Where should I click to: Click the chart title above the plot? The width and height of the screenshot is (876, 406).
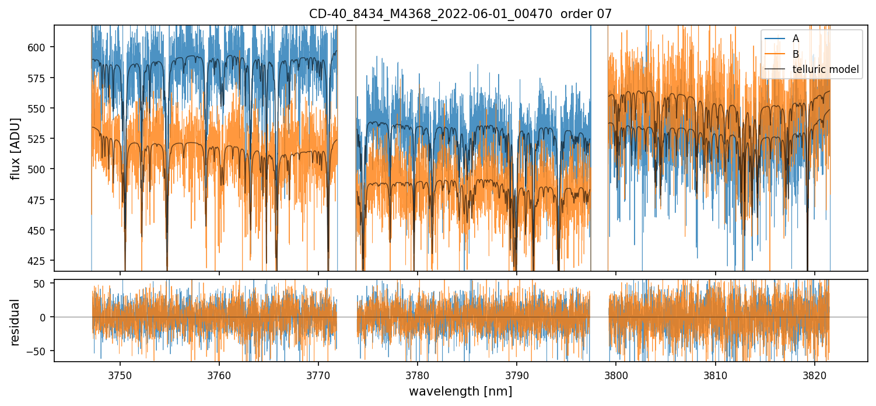tap(460, 14)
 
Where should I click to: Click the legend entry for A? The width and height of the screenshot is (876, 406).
tap(796, 38)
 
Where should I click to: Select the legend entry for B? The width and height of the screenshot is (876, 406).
tap(796, 54)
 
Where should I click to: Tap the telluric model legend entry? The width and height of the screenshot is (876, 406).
tap(825, 69)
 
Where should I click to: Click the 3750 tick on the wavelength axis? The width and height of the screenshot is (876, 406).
tap(120, 373)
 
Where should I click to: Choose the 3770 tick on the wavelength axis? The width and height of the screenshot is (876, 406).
tap(318, 373)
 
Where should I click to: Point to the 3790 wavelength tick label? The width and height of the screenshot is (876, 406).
tap(517, 373)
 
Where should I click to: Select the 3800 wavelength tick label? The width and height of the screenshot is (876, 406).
tap(616, 373)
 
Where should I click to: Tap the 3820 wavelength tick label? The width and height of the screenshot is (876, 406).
tap(814, 373)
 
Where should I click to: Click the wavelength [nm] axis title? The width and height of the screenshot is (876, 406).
tap(460, 391)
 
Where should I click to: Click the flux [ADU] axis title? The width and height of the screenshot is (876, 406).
tap(16, 148)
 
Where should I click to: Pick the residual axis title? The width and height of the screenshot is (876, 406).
tap(16, 322)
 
